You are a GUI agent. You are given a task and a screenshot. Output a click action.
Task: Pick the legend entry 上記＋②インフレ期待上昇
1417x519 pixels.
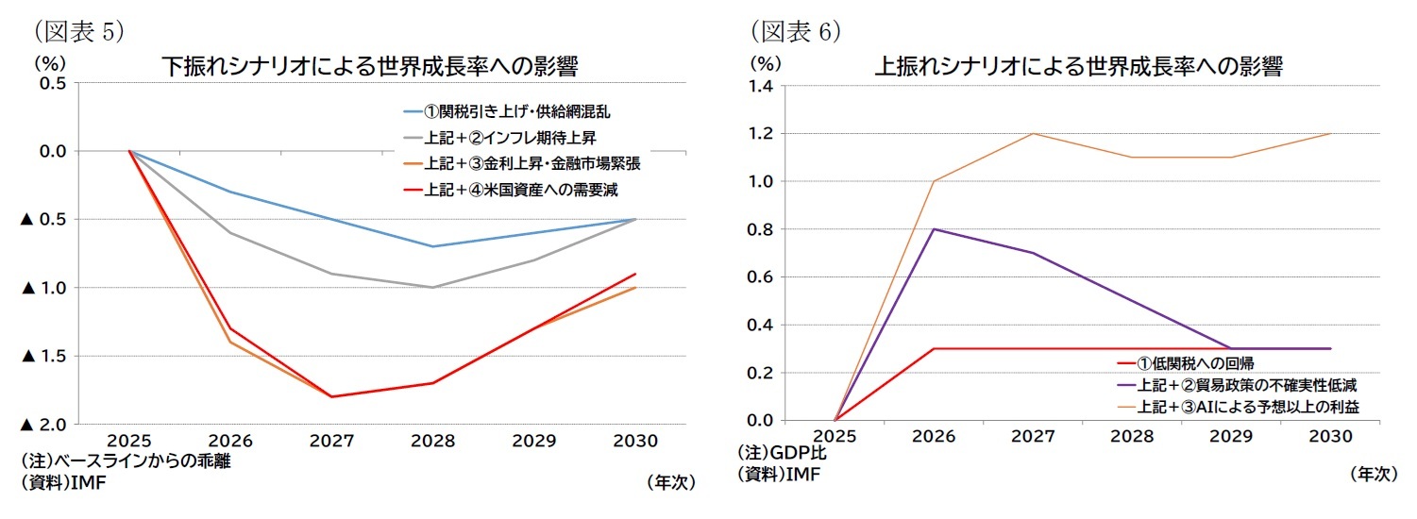point(502,138)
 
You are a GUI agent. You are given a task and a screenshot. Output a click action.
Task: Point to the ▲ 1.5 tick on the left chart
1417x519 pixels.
point(42,356)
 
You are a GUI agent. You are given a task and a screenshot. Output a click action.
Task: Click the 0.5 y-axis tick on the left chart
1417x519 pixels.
point(52,83)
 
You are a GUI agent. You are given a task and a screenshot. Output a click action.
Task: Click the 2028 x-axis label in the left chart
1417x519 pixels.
point(433,441)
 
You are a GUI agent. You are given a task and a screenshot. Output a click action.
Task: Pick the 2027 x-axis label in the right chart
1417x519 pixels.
point(1033,436)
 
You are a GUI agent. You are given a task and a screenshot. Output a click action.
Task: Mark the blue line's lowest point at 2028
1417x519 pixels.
point(433,246)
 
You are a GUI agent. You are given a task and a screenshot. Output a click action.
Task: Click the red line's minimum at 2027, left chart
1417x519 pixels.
point(332,396)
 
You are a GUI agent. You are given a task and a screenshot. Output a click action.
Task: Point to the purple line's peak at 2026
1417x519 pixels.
point(934,229)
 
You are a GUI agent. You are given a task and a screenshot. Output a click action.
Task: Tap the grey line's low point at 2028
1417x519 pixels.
point(433,287)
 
